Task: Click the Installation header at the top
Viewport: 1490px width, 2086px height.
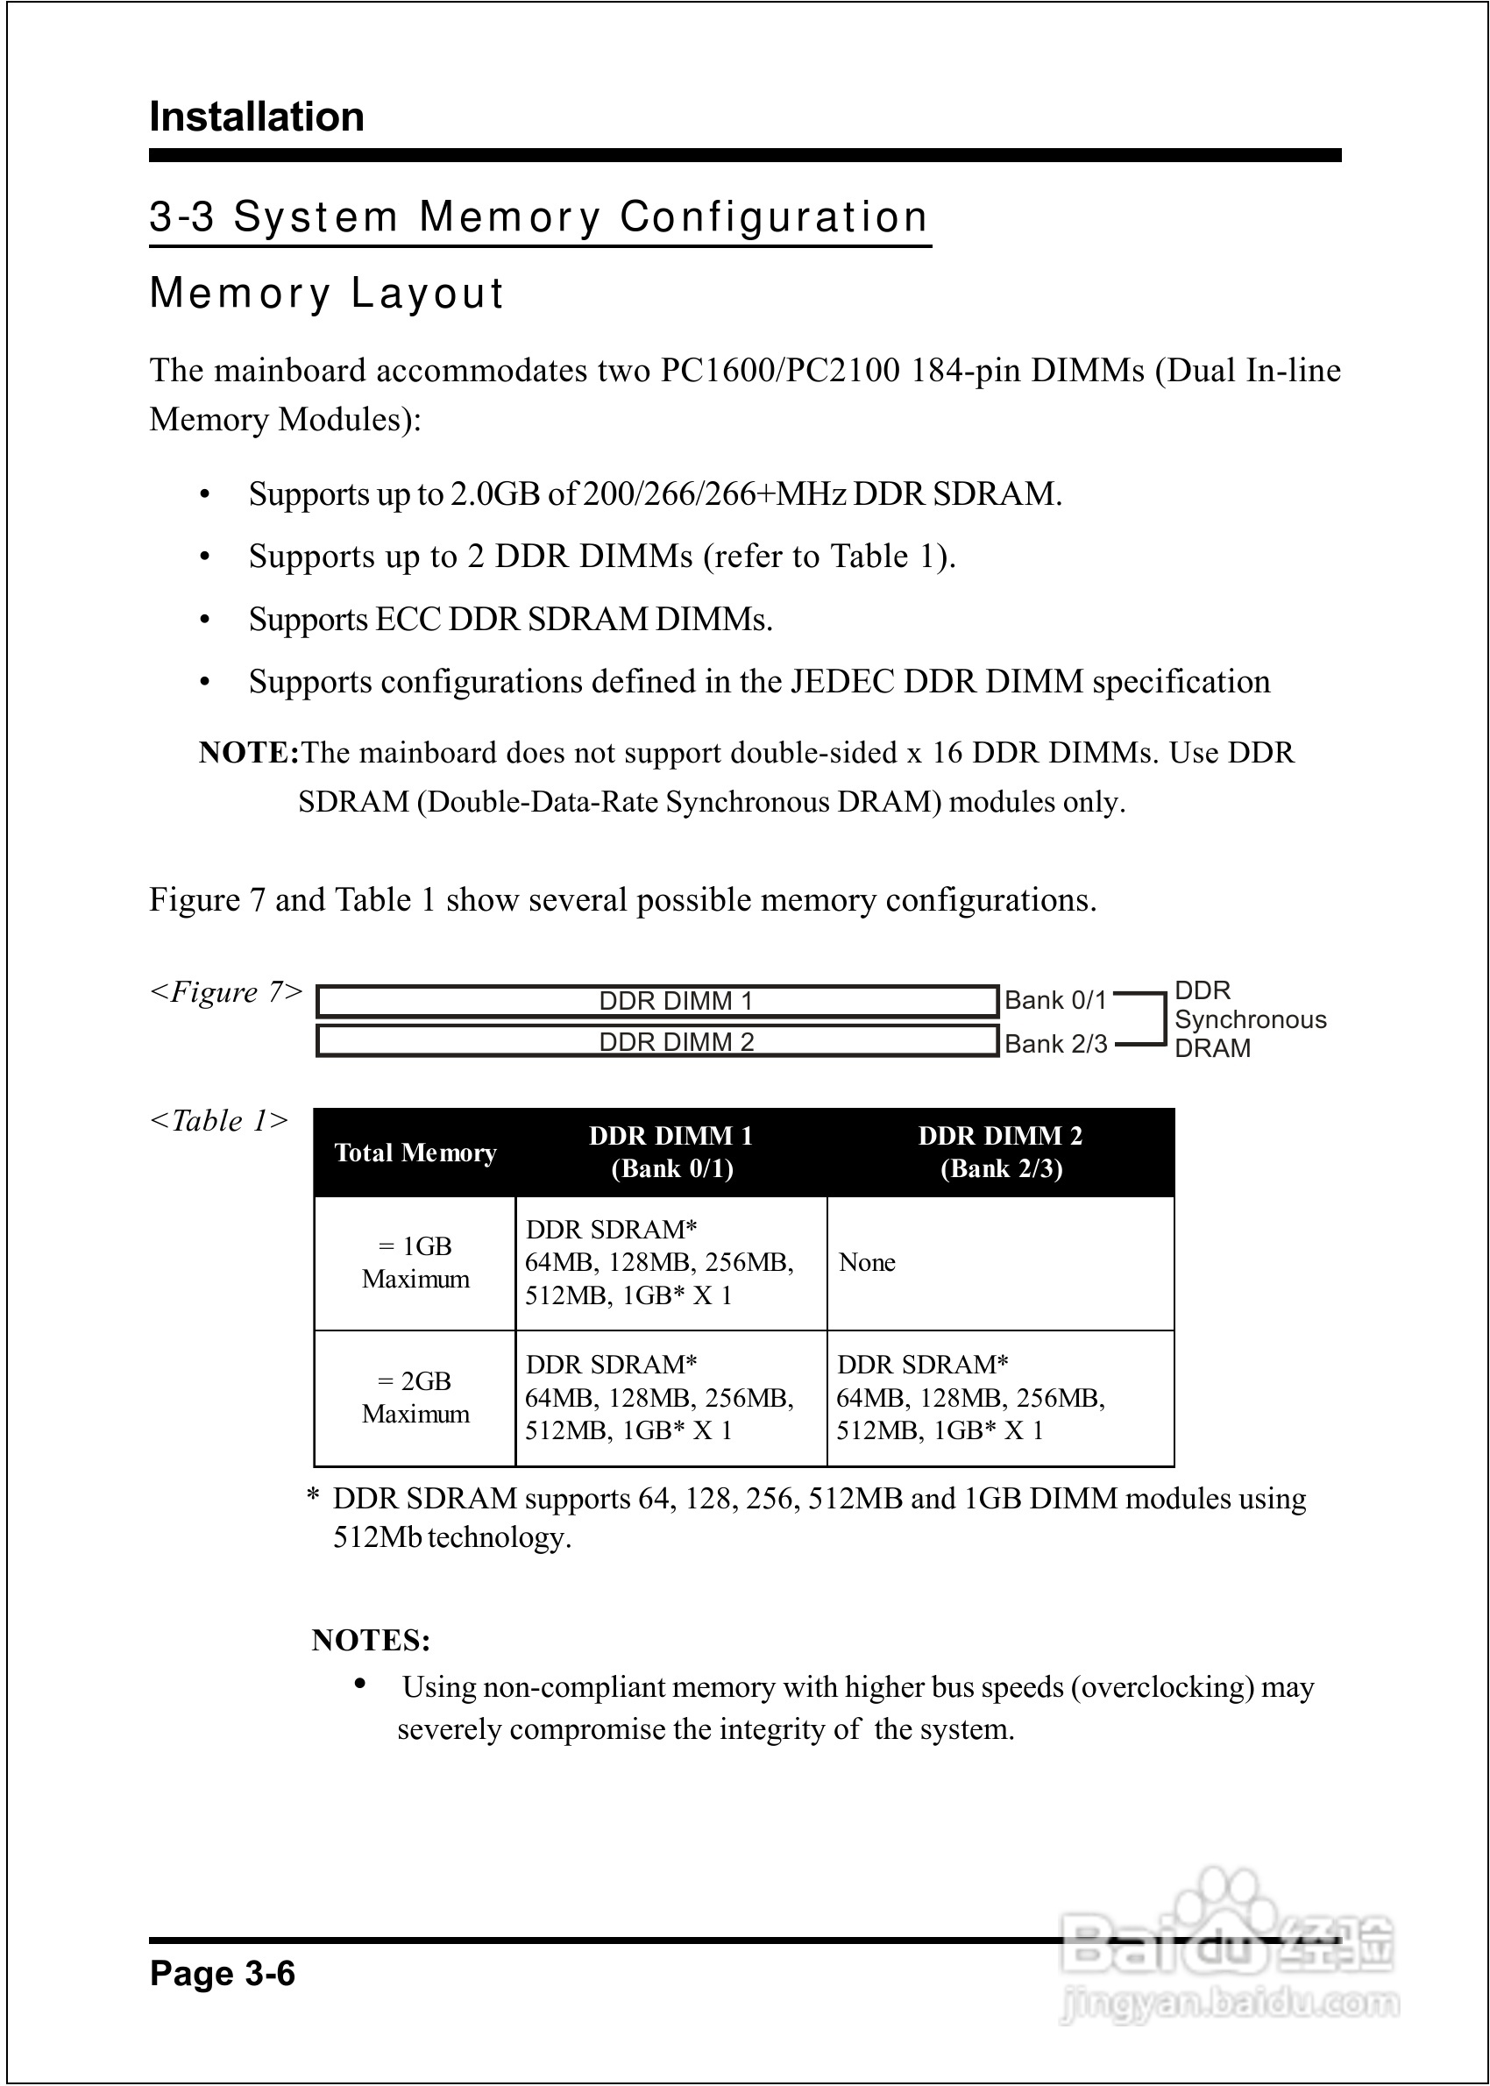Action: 257,117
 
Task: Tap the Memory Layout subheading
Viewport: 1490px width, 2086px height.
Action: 327,294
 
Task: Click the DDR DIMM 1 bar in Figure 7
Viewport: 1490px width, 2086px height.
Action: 657,1001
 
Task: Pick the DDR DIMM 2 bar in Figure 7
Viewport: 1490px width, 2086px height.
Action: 657,1041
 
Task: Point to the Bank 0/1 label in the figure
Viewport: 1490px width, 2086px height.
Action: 1055,1000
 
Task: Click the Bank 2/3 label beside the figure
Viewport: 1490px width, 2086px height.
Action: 1055,1044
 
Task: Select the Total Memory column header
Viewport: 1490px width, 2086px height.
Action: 415,1153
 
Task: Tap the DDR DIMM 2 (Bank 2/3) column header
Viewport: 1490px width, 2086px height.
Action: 1000,1153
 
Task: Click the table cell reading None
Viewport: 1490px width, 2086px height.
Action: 867,1263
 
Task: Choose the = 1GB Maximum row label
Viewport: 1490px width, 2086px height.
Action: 415,1263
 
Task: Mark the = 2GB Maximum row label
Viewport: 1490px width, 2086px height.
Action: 415,1398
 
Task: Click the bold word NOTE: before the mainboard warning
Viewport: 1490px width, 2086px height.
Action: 249,753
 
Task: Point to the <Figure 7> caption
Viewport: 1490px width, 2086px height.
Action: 226,992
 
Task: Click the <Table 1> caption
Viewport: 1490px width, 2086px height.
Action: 219,1121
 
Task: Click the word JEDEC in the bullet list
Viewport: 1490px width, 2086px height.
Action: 843,683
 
